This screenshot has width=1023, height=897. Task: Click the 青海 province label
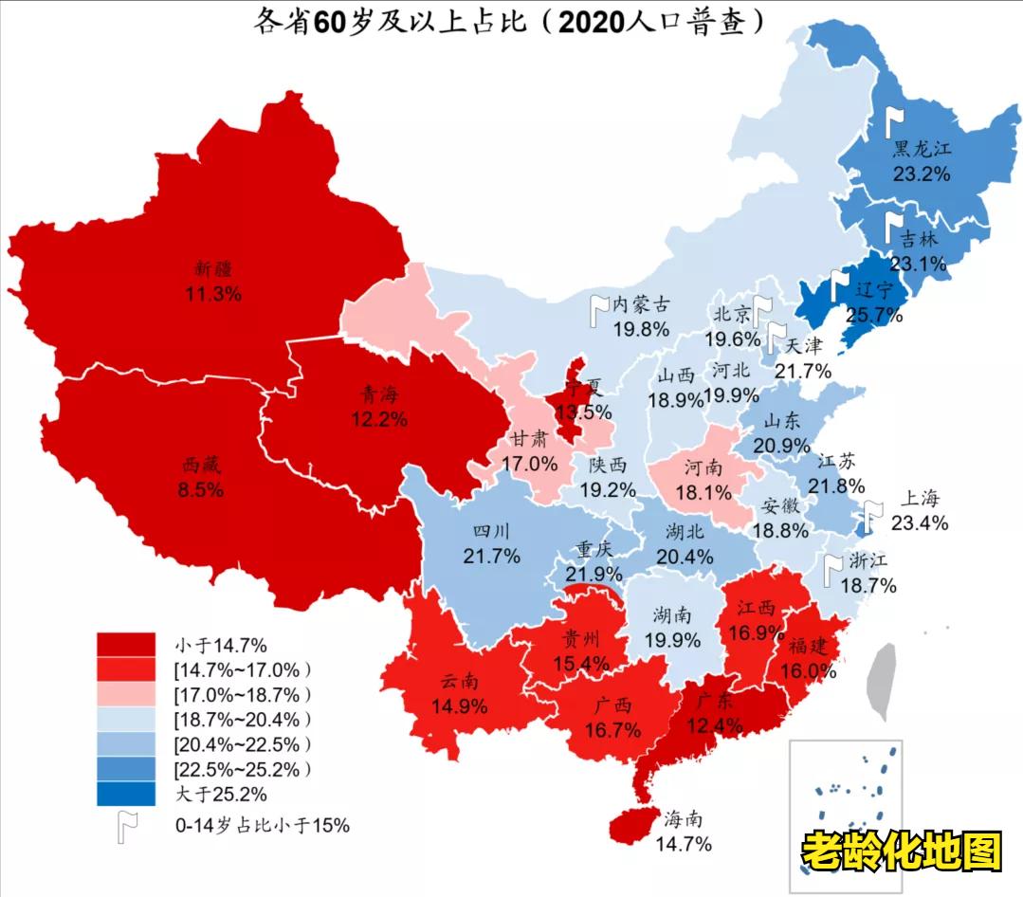[376, 393]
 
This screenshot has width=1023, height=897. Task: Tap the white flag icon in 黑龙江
[893, 121]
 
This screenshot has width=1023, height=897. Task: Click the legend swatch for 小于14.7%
[126, 645]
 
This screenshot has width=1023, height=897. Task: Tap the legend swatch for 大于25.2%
[126, 793]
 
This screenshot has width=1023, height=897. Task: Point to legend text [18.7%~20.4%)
[242, 719]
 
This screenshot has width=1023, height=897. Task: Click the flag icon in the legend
[126, 826]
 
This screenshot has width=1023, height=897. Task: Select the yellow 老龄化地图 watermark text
[901, 851]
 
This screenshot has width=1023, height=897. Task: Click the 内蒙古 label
[641, 305]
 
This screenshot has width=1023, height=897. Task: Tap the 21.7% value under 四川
[491, 556]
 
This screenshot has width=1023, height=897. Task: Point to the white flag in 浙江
[832, 568]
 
